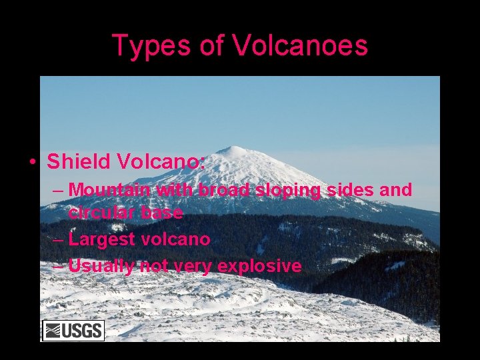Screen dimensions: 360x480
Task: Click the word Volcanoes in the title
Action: pyautogui.click(x=300, y=46)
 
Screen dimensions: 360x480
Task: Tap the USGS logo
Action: pyautogui.click(x=73, y=330)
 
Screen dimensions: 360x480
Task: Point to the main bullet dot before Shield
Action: pyautogui.click(x=31, y=162)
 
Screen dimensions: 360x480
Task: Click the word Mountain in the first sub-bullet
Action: pyautogui.click(x=109, y=190)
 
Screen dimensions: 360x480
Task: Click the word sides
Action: pyautogui.click(x=352, y=190)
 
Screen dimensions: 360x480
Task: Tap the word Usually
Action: pyautogui.click(x=100, y=266)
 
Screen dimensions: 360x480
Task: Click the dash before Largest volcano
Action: pyautogui.click(x=57, y=239)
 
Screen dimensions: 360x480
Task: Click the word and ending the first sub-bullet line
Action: pyautogui.click(x=396, y=190)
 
